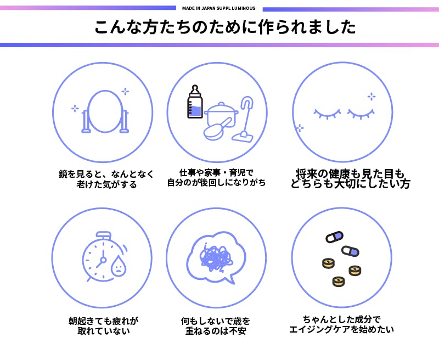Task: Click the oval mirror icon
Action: pyautogui.click(x=104, y=111)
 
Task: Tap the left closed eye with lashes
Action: pyautogui.click(x=327, y=114)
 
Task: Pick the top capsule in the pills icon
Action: pyautogui.click(x=334, y=237)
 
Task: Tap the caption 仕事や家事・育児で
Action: pyautogui.click(x=216, y=172)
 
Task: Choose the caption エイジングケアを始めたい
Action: pyautogui.click(x=341, y=330)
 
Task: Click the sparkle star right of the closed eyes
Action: pyautogui.click(x=372, y=96)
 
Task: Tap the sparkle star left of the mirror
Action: pyautogui.click(x=75, y=108)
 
